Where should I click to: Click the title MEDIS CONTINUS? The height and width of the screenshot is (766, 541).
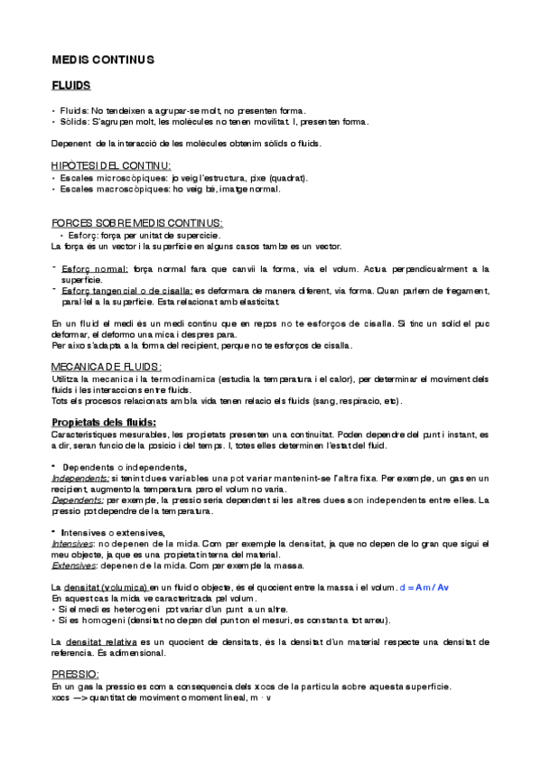point(103,60)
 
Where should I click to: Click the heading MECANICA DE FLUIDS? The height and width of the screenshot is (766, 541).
point(107,366)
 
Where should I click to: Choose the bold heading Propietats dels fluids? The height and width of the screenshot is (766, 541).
point(104,422)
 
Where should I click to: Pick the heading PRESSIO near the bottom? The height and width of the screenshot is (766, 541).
point(75,674)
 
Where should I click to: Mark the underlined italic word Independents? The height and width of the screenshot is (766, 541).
point(80,477)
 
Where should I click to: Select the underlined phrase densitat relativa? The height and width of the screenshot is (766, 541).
point(101,640)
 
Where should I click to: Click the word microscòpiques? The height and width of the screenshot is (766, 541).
point(134,177)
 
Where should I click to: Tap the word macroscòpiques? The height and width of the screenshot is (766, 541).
point(135,189)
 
